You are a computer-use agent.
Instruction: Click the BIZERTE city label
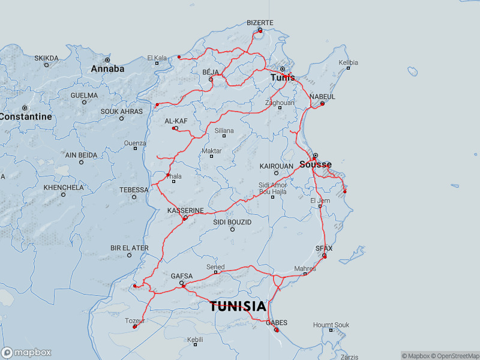[260, 23]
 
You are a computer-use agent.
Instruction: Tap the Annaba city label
[107, 69]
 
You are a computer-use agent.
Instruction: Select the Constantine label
[25, 116]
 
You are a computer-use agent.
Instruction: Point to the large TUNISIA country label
[238, 307]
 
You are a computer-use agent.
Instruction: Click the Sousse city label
[315, 164]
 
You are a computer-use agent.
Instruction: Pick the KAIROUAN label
[276, 166]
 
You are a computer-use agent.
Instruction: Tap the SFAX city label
[324, 248]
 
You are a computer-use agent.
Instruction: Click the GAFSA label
[182, 276]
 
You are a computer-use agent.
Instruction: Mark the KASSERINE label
[185, 211]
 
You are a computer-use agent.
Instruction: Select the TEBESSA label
[134, 190]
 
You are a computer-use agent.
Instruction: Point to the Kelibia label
[348, 62]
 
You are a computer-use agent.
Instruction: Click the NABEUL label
[322, 97]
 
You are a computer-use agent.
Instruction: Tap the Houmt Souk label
[331, 325]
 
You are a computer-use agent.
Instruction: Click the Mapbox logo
[26, 353]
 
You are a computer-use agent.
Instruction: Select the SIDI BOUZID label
[232, 222]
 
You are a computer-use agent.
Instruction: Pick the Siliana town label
[224, 130]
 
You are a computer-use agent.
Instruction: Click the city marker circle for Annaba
[107, 60]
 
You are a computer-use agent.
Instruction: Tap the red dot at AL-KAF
[174, 128]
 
